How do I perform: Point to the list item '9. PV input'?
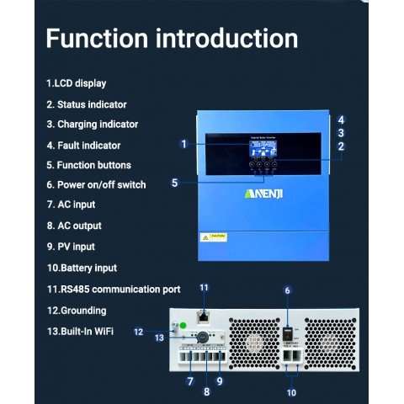tap(71, 247)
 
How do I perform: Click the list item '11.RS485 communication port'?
tap(113, 289)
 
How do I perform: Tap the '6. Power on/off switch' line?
tap(96, 185)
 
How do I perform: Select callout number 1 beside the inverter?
tap(183, 144)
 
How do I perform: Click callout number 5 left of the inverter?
tap(174, 182)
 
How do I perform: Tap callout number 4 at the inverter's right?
tap(340, 120)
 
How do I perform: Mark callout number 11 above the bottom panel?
tap(203, 288)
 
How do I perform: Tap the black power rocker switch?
tap(287, 335)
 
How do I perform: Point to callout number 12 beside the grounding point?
tap(139, 332)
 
